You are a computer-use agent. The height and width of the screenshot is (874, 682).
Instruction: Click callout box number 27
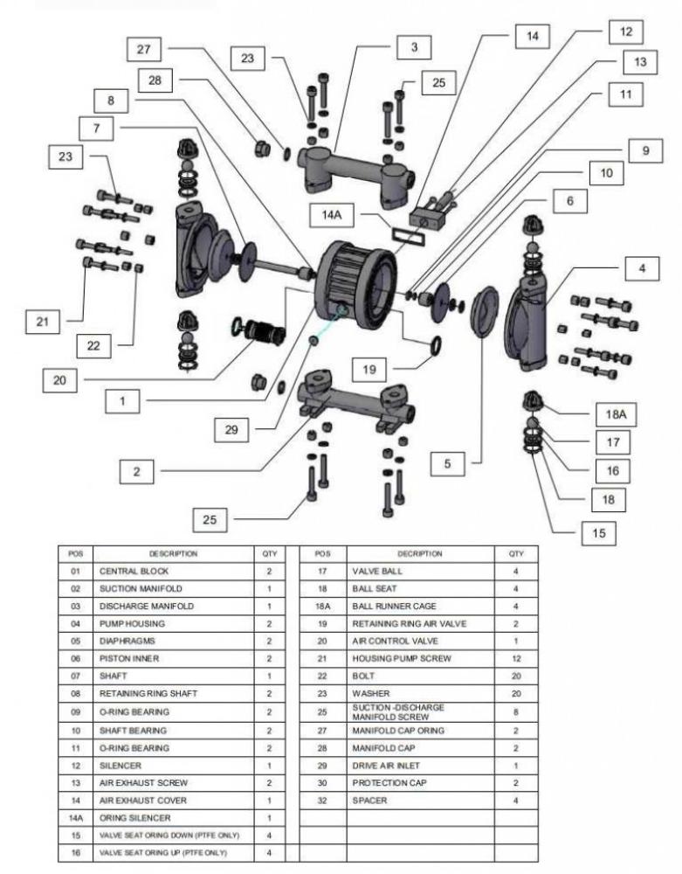tap(143, 50)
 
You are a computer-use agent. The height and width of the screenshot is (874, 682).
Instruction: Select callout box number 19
tap(369, 369)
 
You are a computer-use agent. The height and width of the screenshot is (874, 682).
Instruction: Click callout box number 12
tap(625, 31)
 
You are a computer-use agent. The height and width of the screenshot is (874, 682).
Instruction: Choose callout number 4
tap(643, 268)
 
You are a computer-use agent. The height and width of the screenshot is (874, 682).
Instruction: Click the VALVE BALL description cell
tap(419, 571)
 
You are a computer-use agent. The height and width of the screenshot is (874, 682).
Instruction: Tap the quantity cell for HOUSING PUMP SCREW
tap(516, 659)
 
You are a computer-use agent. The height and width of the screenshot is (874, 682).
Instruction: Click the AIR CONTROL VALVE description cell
tap(419, 642)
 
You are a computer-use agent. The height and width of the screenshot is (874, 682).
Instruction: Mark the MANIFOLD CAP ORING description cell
tap(419, 730)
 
